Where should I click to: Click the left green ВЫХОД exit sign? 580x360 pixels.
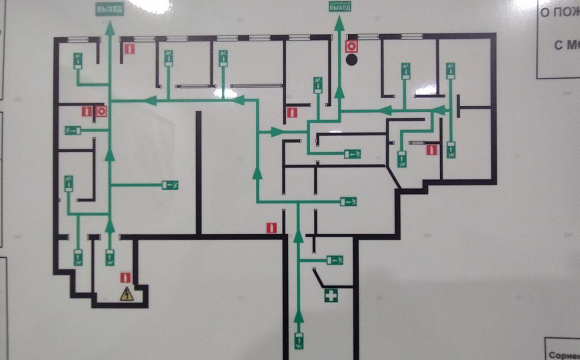110,9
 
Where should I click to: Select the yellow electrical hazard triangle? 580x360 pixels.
125,293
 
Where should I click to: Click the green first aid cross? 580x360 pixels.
330,295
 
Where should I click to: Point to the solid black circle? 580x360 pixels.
352,60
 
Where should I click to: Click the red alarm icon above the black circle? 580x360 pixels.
352,47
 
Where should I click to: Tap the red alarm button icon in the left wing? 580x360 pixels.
101,111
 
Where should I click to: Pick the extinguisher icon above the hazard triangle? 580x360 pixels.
125,277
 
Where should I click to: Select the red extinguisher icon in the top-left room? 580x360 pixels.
130,49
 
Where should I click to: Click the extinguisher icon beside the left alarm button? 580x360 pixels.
87,111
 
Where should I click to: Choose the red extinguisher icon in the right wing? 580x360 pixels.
431,150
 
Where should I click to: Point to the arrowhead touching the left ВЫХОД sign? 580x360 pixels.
110,27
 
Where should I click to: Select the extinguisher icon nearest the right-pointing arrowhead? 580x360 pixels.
291,113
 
